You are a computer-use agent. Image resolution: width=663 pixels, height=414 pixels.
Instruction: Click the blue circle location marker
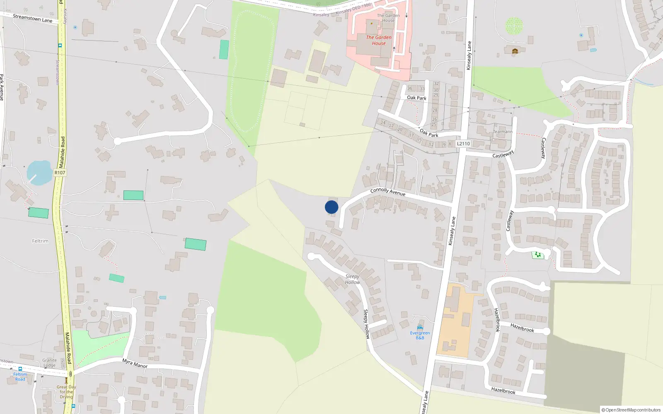(x=331, y=207)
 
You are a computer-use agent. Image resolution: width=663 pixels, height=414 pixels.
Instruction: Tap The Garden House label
(x=379, y=40)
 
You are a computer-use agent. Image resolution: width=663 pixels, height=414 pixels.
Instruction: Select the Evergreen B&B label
(x=420, y=335)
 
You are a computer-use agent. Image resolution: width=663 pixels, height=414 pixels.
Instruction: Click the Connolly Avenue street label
(x=388, y=192)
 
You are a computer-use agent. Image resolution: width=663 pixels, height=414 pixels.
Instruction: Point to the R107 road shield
(x=60, y=173)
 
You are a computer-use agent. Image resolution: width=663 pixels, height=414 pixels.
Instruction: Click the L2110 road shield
(x=463, y=144)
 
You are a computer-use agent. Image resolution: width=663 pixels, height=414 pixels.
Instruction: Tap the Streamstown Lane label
(x=32, y=18)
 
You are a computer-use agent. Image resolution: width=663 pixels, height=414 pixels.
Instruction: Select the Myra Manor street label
(x=135, y=363)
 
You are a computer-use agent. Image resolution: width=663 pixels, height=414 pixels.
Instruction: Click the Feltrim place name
(x=40, y=241)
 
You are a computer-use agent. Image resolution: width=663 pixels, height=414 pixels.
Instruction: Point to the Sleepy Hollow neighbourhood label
(x=352, y=279)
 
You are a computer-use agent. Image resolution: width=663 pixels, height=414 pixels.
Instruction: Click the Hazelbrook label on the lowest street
(x=503, y=390)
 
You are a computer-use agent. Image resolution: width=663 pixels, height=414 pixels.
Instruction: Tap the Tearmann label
(x=503, y=132)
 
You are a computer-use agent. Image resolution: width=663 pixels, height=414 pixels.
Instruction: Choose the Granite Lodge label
(x=49, y=363)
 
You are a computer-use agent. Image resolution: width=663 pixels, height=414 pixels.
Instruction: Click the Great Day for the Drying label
(x=66, y=392)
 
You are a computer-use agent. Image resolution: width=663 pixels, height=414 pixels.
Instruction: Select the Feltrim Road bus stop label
(x=20, y=377)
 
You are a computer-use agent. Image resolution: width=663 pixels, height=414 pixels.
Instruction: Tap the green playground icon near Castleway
(x=537, y=255)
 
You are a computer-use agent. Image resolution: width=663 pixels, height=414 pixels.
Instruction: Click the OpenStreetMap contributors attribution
(x=631, y=410)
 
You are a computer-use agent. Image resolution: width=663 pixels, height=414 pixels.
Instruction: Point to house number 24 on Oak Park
(x=383, y=123)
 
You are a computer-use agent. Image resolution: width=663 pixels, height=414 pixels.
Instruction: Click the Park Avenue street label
(x=2, y=87)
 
